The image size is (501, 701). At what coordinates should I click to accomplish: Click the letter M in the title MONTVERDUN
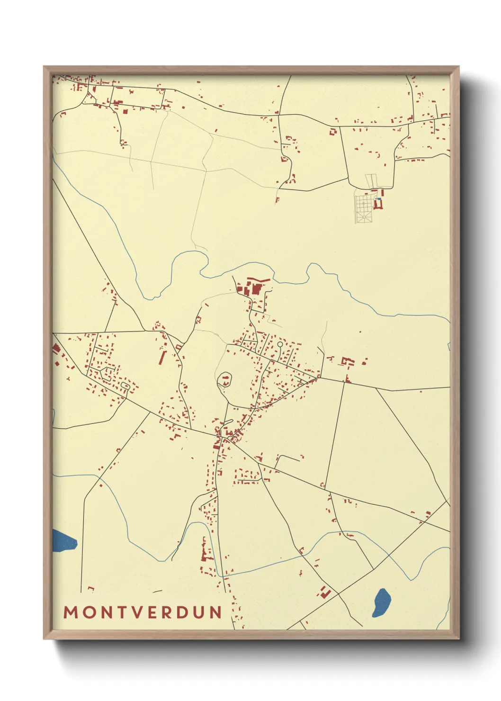[71, 612]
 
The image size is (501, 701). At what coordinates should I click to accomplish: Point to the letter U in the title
[199, 612]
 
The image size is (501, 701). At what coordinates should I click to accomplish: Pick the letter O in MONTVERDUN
[87, 612]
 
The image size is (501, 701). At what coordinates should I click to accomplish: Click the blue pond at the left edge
[63, 540]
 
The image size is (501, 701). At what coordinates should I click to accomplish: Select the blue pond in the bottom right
[382, 602]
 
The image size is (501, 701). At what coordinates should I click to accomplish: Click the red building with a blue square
[378, 204]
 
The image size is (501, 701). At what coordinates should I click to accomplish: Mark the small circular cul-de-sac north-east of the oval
[280, 344]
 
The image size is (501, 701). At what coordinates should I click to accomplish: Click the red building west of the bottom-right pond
[325, 593]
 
